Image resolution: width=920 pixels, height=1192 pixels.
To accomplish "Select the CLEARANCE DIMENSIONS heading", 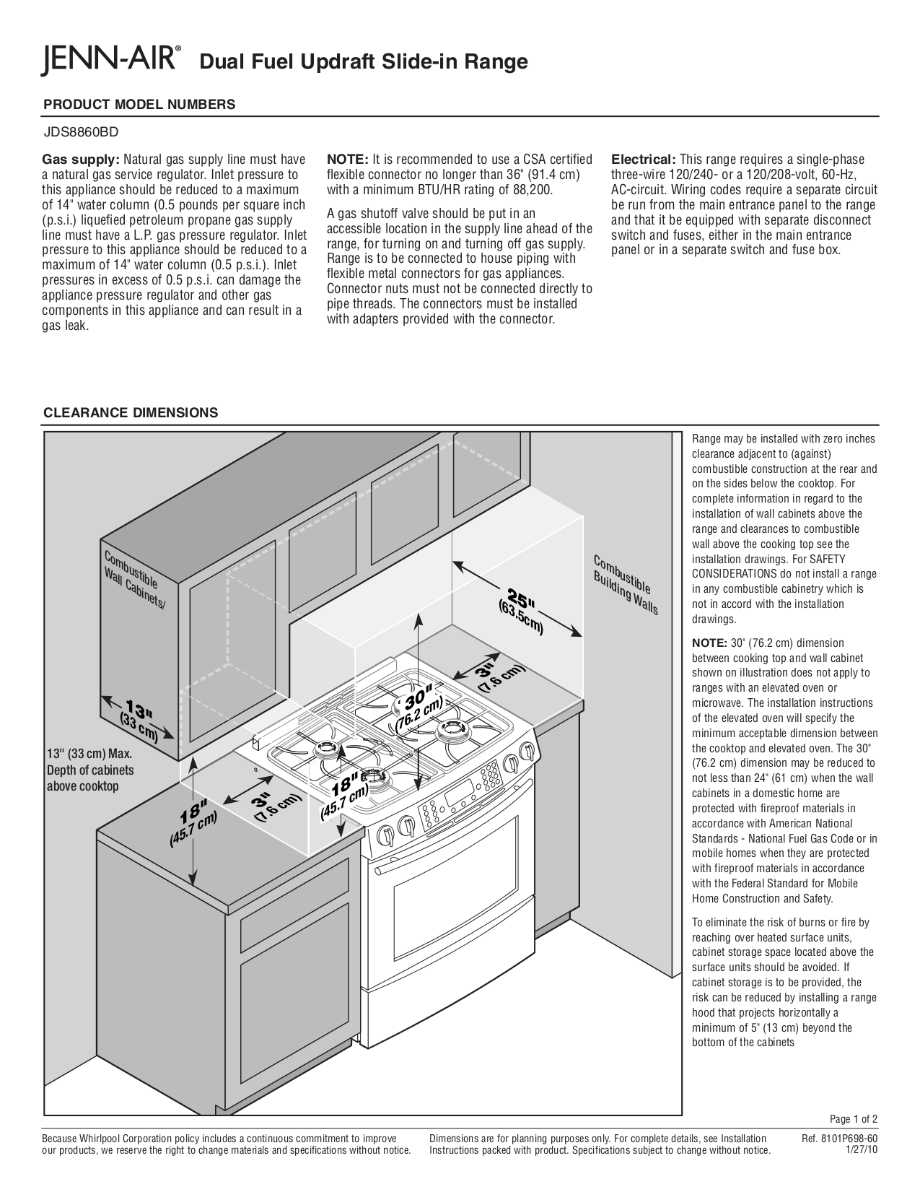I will [x=131, y=413].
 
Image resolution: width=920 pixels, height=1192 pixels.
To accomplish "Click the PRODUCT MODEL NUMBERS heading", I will [x=139, y=104].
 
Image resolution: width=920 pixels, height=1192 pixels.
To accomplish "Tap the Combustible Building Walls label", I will [x=626, y=585].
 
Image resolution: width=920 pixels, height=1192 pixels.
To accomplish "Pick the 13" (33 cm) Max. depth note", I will [x=89, y=770].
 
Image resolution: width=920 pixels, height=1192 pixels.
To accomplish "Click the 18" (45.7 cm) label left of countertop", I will [x=193, y=825].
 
